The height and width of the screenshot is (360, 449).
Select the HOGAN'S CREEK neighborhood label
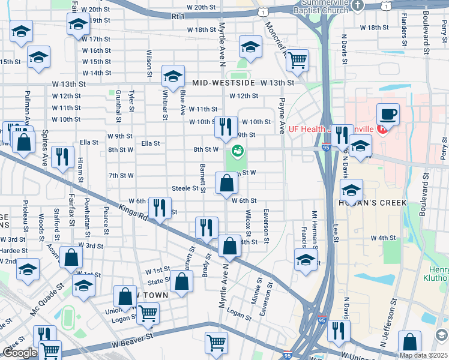373,203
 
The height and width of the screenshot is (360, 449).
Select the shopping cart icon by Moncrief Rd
297,60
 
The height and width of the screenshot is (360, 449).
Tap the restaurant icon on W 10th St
226,125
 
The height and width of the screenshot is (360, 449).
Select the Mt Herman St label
313,227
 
